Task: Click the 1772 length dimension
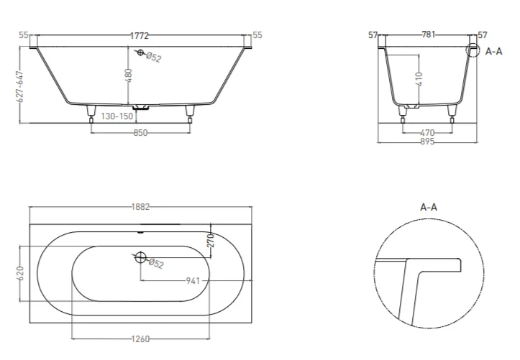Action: click(x=140, y=35)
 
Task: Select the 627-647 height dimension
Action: click(x=21, y=86)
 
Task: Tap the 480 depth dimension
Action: click(x=129, y=75)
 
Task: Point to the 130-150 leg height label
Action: click(x=117, y=116)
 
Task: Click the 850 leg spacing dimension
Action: click(x=140, y=133)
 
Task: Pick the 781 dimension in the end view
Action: click(x=428, y=34)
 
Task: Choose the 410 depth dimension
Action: click(x=419, y=79)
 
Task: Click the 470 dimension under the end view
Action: click(x=427, y=133)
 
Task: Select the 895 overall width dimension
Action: click(x=427, y=142)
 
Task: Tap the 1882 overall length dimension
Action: click(x=141, y=207)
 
